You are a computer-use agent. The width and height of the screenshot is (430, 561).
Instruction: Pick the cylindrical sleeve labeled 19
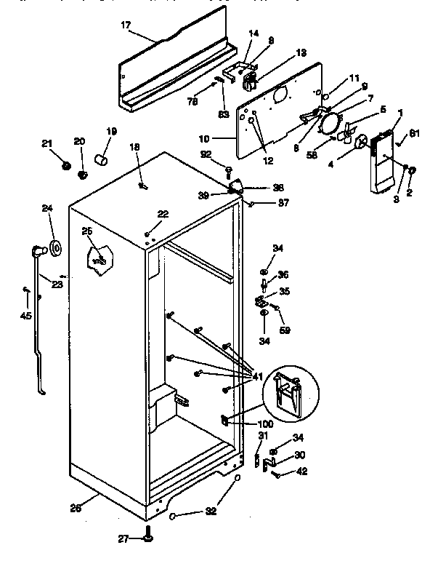(103, 159)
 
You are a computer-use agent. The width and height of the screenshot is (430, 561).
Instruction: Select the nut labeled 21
(67, 167)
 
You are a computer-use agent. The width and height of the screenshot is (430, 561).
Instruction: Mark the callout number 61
(414, 132)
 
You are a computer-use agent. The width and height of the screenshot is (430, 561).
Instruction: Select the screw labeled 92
(230, 171)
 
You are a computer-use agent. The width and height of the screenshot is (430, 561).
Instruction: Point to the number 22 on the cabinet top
(163, 213)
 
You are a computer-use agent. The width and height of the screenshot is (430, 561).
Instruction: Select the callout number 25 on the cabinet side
(88, 231)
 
